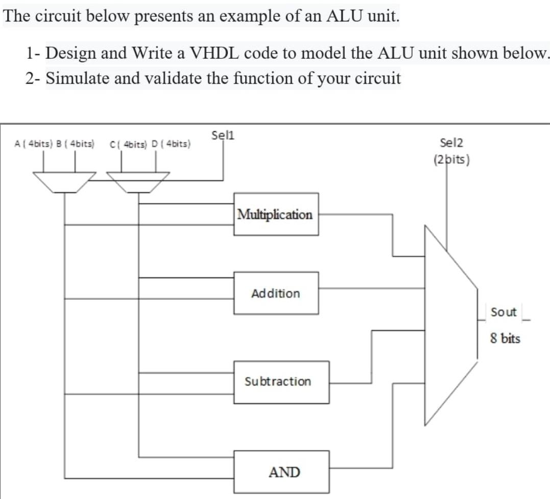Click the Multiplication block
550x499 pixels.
[276, 214]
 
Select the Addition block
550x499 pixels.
[276, 293]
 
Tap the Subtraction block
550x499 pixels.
[281, 382]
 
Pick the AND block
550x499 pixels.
[281, 472]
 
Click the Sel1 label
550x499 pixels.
[223, 135]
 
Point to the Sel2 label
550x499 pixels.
[451, 143]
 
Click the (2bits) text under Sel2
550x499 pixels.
[451, 160]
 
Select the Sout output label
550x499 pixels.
[504, 312]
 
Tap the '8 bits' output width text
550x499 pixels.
[505, 339]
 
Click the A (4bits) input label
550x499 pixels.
[34, 144]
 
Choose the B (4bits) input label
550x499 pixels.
[76, 144]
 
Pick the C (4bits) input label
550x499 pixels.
[128, 144]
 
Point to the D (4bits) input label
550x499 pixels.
[171, 144]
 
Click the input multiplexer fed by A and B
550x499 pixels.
[64, 182]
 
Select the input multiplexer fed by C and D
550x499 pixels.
[138, 182]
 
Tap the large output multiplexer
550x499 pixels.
[451, 325]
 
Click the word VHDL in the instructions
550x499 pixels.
[214, 53]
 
